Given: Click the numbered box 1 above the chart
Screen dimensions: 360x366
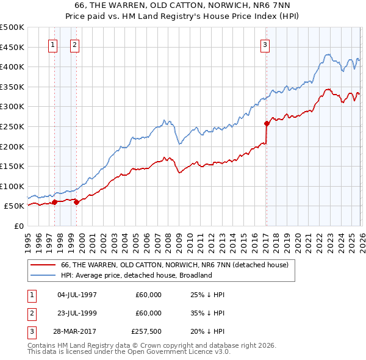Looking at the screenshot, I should tap(52, 44).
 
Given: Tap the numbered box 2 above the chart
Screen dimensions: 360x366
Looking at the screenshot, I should tap(74, 44).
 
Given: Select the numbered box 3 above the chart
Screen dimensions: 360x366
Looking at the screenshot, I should tap(265, 44).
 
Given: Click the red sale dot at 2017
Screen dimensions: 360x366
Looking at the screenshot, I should tap(267, 123).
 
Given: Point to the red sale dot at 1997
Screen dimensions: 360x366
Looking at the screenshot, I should tap(54, 202).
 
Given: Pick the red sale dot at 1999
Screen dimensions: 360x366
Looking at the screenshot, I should tap(76, 202).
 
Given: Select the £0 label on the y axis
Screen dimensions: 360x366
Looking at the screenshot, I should tap(18, 226).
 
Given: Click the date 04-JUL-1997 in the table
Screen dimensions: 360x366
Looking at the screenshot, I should tap(77, 295).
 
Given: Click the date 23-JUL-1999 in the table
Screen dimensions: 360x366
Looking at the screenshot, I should tap(77, 313).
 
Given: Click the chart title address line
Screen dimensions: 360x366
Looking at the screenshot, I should tap(182, 5).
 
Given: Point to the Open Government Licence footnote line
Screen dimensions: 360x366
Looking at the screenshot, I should tap(129, 352).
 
